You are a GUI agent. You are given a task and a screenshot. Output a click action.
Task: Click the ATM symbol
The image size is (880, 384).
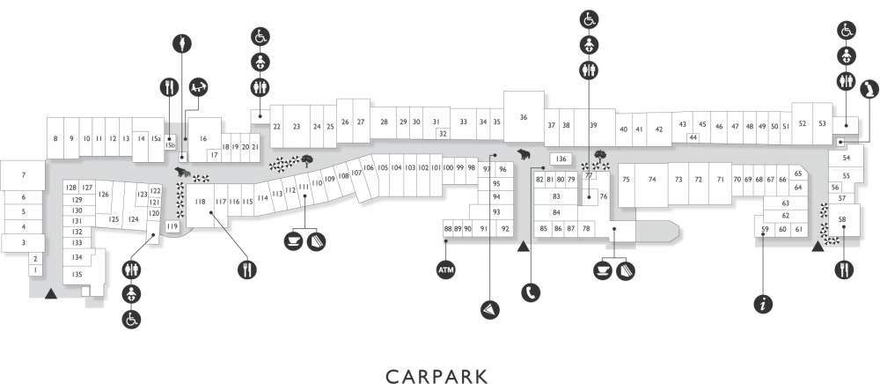[x=445, y=270]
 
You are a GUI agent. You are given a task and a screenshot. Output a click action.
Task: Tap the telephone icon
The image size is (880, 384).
[x=531, y=292]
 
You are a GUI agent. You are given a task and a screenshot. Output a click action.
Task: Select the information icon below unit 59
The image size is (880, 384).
[x=763, y=304]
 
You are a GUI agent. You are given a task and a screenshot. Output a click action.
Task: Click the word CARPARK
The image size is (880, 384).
[x=436, y=376]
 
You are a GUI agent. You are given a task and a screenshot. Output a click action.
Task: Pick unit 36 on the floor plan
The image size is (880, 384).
[x=524, y=117]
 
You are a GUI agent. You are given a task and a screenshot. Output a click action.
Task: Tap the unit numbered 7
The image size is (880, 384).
[x=23, y=175]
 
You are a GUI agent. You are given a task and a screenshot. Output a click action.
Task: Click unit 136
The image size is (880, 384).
[x=561, y=159]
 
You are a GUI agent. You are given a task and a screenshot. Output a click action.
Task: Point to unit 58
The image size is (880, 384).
[x=842, y=219]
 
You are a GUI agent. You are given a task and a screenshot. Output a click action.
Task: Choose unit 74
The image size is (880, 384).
[x=651, y=180]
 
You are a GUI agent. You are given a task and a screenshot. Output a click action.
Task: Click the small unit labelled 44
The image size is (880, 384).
[x=693, y=137]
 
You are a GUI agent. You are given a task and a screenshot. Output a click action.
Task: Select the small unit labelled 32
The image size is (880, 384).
[x=443, y=134]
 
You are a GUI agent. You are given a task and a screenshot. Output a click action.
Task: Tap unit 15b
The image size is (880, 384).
[x=170, y=144]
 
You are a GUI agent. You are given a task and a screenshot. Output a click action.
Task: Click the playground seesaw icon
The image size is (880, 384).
[x=199, y=86]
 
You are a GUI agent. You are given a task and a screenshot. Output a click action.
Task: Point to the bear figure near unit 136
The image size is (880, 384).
[x=524, y=153]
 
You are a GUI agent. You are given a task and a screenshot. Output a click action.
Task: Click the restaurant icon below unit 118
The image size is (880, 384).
[x=247, y=270]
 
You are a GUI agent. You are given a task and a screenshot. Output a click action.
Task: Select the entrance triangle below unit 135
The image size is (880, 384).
[x=51, y=292]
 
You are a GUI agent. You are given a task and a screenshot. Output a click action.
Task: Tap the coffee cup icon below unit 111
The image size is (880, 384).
[x=293, y=240]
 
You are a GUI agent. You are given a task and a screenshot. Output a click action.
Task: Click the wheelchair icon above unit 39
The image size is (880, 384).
[x=589, y=19]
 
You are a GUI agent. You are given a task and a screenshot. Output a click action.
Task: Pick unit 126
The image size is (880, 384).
[x=103, y=195]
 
